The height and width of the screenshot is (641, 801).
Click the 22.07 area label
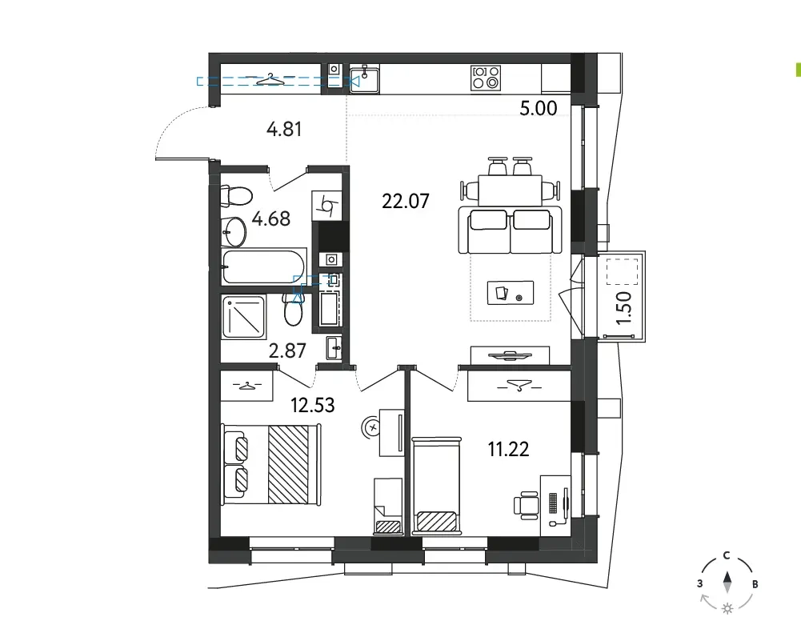[406, 201]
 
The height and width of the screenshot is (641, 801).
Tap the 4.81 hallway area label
[284, 129]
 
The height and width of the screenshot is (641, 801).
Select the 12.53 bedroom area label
[313, 406]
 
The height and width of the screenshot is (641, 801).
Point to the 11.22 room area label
[508, 450]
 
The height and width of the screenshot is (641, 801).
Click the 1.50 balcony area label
[624, 308]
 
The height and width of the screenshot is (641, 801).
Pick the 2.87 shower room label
[287, 351]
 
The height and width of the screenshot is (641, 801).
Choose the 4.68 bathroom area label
[271, 218]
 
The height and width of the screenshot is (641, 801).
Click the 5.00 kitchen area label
[539, 108]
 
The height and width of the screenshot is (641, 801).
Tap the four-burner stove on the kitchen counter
[485, 78]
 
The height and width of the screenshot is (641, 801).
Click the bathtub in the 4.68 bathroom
[264, 266]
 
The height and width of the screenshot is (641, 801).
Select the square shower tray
[244, 317]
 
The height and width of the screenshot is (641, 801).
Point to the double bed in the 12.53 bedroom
[270, 464]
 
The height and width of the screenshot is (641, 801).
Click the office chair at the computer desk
[527, 505]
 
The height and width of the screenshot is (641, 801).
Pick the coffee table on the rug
[511, 293]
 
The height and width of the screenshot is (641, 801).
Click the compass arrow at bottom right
[727, 583]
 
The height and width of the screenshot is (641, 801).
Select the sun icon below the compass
[727, 608]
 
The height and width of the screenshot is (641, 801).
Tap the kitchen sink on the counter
[364, 79]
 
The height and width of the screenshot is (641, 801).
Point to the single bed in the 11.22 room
[437, 485]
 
